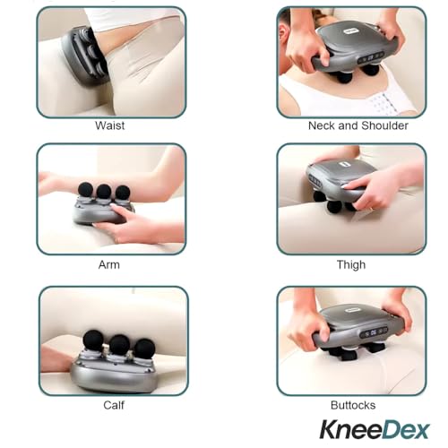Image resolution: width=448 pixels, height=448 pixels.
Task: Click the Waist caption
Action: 109,125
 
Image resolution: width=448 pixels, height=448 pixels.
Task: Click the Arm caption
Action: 109,264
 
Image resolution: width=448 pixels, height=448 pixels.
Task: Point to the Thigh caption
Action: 351,265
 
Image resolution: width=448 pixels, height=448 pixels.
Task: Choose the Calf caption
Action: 114,405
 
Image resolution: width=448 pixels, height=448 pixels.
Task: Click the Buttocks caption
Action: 353,405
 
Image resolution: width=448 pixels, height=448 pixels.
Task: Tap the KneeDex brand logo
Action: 375,429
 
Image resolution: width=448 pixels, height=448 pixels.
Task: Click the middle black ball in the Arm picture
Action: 104,192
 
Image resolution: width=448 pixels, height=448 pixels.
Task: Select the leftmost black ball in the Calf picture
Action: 93,340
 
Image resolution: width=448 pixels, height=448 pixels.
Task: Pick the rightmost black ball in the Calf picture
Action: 144,349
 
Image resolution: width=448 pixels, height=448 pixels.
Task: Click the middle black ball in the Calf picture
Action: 119,345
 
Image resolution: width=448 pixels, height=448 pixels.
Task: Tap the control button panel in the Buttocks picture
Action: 374,332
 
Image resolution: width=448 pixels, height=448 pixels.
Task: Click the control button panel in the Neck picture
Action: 371,58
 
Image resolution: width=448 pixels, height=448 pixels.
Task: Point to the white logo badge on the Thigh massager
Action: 344,165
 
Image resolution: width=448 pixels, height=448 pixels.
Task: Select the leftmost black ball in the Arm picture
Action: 85,190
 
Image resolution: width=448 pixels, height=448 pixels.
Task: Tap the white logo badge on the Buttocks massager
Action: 352,310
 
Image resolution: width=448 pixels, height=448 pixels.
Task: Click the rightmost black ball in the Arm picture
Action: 123,193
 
